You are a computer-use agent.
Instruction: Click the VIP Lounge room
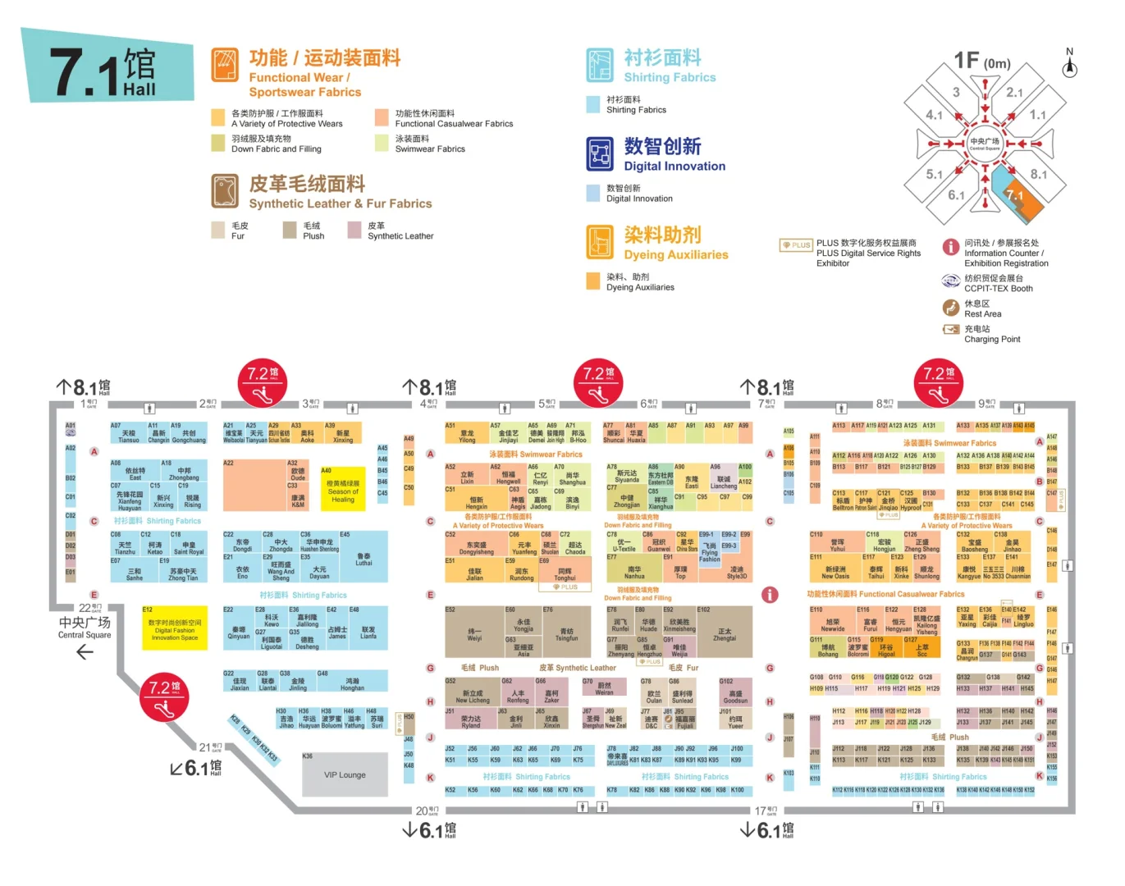[x=345, y=774]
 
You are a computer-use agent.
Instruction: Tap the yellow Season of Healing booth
[x=342, y=491]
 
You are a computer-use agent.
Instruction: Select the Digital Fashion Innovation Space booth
[x=175, y=629]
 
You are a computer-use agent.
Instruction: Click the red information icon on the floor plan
[x=769, y=595]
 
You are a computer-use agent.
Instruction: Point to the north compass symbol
[x=1069, y=65]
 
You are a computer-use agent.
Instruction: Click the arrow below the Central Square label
[x=85, y=653]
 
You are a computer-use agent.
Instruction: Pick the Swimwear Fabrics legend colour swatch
[x=382, y=143]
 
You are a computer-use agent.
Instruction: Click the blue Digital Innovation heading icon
[x=600, y=153]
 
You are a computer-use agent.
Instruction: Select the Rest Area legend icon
[x=950, y=308]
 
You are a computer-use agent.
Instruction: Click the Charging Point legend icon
[x=950, y=329]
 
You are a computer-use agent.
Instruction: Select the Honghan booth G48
[x=352, y=681]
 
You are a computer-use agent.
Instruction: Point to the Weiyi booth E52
[x=474, y=631]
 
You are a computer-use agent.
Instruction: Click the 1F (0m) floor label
[x=981, y=62]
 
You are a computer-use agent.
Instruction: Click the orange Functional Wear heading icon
[x=224, y=65]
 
